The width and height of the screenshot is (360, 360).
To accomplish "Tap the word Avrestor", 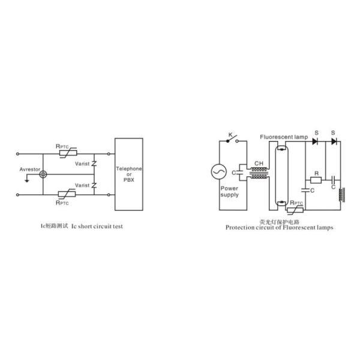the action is [x=29, y=169].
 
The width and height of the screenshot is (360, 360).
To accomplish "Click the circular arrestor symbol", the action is [x=43, y=174].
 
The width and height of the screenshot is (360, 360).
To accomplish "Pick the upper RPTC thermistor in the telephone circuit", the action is [x=68, y=153].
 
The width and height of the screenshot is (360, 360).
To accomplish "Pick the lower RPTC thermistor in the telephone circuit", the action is [x=67, y=194].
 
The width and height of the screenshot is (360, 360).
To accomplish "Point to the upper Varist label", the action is [x=82, y=164].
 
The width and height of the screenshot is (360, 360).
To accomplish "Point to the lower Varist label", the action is [x=82, y=185].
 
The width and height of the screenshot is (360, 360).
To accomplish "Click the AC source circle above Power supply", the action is [x=219, y=172].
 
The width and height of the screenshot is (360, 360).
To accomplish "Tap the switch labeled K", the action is [x=232, y=139].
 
